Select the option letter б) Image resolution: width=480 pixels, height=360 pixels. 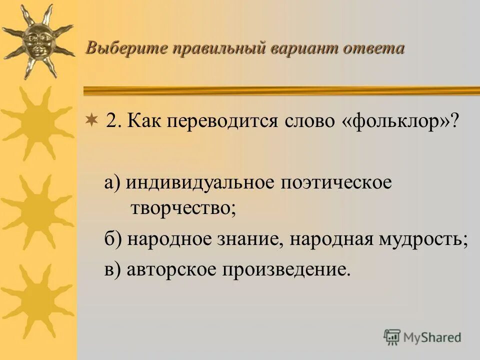click(113, 239)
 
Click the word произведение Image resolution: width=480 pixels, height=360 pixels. click(285, 269)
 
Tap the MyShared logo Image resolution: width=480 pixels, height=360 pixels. click(422, 337)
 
